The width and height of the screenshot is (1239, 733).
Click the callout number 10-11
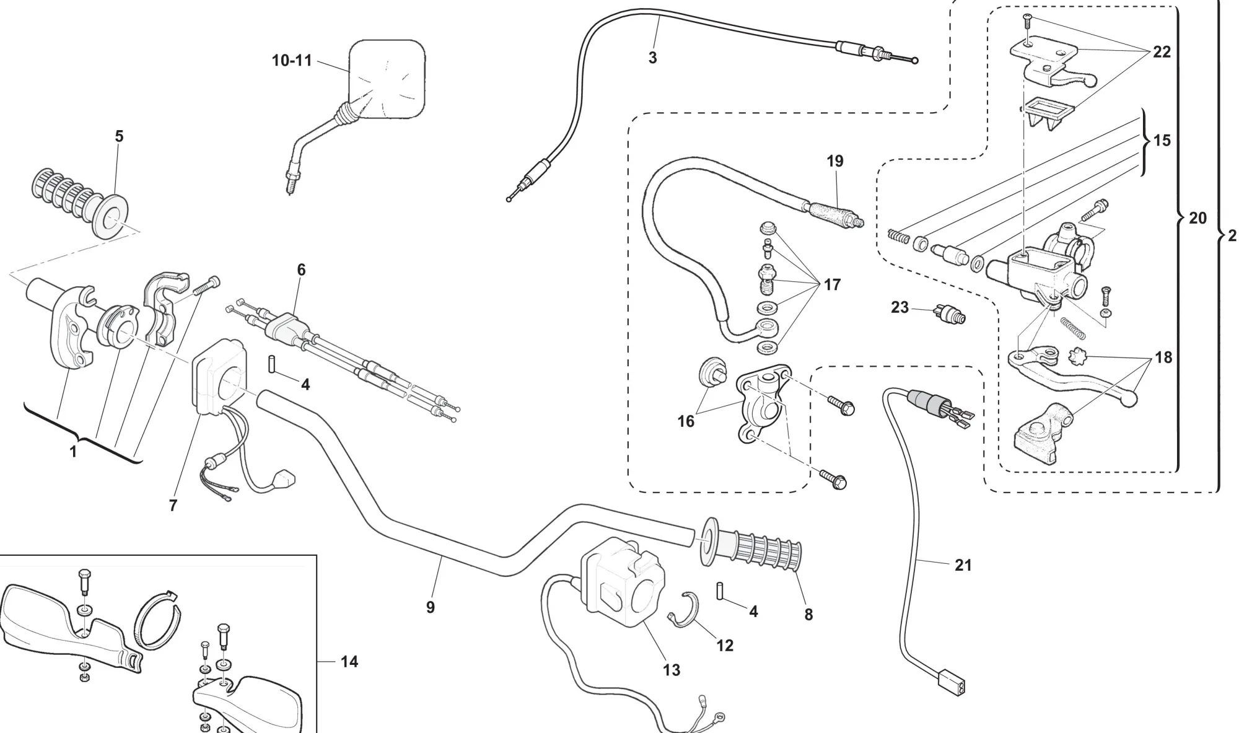click(292, 61)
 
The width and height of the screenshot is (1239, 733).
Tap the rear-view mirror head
click(387, 79)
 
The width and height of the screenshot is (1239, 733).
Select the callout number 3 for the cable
click(652, 58)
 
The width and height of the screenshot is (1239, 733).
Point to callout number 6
click(301, 270)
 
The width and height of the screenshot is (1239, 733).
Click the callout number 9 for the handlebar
click(431, 607)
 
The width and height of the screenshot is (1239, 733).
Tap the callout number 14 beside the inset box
click(349, 662)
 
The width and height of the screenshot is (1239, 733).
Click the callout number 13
click(672, 670)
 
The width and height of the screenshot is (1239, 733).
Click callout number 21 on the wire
click(963, 565)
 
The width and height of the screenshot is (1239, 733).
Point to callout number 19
click(835, 161)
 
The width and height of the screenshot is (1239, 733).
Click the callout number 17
click(832, 284)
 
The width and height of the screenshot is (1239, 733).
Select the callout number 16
click(686, 421)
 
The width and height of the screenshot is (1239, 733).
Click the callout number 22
click(1162, 52)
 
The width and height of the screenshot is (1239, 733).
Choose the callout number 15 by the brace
click(1162, 141)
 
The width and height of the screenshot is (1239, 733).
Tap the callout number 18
click(1164, 358)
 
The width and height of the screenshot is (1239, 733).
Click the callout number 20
click(1197, 218)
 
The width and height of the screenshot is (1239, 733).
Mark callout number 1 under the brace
click(73, 452)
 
